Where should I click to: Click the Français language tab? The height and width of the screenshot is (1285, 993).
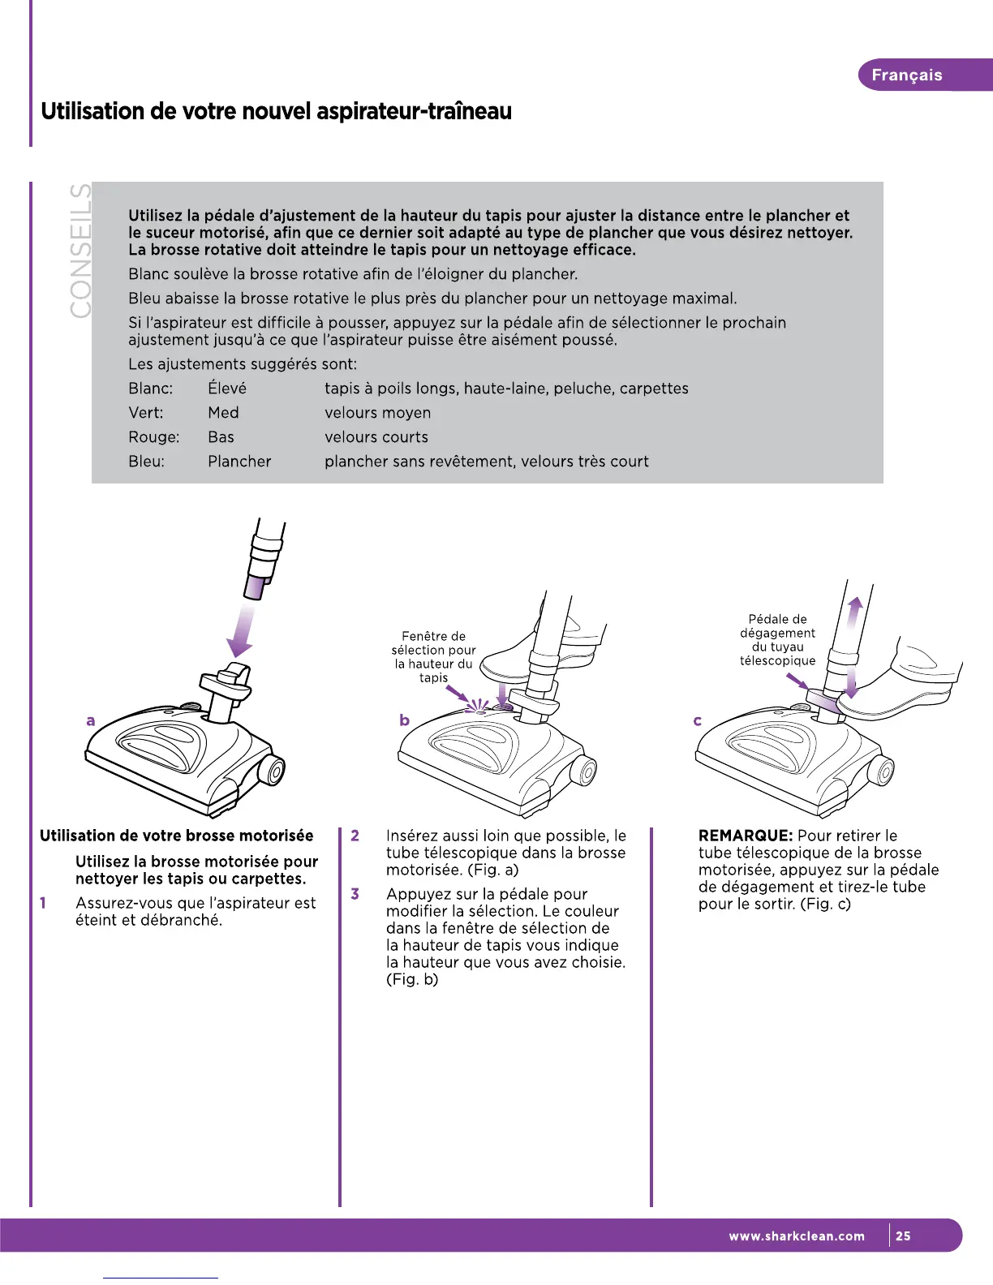click(906, 75)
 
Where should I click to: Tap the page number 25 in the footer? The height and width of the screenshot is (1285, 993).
click(903, 1236)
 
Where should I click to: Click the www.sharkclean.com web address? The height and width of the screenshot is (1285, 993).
click(797, 1236)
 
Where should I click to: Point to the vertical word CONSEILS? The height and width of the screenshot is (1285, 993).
click(80, 251)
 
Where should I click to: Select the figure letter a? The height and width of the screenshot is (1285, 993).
click(91, 720)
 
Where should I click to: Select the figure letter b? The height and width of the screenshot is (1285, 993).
click(404, 720)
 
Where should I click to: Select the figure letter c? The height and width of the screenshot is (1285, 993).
click(698, 720)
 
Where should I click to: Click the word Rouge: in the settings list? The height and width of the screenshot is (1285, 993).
click(153, 437)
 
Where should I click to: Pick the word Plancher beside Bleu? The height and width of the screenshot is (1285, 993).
click(239, 462)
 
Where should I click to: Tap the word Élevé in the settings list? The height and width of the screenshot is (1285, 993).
click(227, 389)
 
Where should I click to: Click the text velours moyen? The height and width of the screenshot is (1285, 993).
click(377, 413)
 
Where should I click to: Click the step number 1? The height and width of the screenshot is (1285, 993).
click(43, 903)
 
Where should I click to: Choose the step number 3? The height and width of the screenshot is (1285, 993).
click(355, 894)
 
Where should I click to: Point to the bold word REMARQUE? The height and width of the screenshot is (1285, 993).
click(746, 836)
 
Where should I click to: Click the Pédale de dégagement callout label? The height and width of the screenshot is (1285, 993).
click(777, 640)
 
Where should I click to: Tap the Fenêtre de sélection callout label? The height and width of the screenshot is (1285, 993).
click(433, 657)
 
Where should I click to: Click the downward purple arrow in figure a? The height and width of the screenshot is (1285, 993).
click(241, 633)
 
